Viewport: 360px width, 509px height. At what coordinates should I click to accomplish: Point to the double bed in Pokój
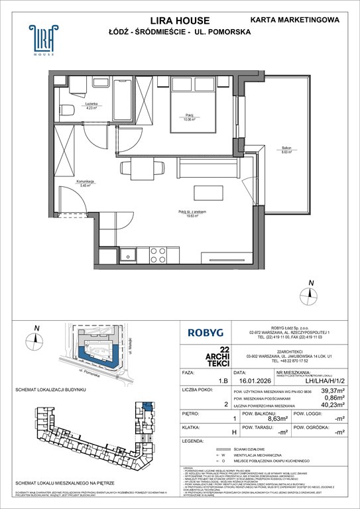coord(192,109)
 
